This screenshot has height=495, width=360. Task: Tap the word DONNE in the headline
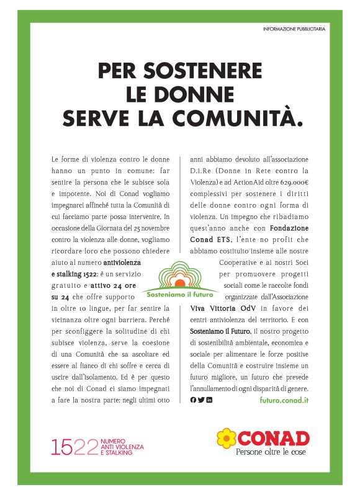(x=200, y=94)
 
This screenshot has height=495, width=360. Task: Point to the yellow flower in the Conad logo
(x=227, y=438)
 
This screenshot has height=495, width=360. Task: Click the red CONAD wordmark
(x=273, y=438)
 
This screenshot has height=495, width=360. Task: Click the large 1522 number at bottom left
(x=74, y=446)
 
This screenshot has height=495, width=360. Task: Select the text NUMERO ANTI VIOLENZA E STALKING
(x=122, y=447)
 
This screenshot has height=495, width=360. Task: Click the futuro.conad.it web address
(x=284, y=400)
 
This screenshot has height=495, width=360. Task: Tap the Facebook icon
(x=193, y=400)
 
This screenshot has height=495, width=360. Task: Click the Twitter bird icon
(x=201, y=400)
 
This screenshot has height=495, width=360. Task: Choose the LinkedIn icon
(x=209, y=400)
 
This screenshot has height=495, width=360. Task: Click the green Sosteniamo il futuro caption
(x=180, y=288)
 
